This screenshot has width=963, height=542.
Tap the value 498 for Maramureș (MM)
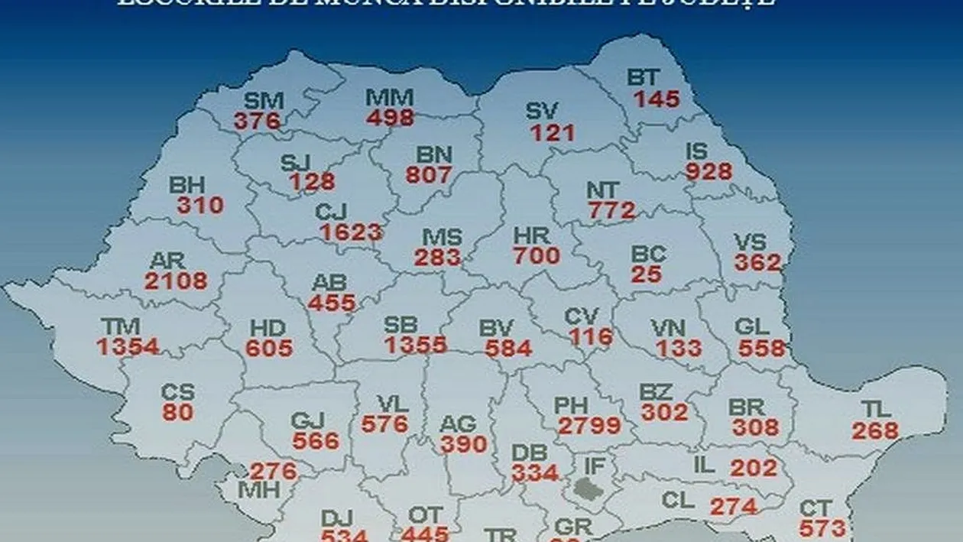point(390,117)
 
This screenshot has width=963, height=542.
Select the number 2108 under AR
point(176,281)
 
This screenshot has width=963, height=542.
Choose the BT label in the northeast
point(646,78)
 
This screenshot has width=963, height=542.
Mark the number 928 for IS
point(708,171)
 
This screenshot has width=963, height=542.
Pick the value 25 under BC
point(647,273)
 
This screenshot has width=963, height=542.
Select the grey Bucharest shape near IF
point(590,487)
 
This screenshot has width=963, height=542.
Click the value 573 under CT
point(822,527)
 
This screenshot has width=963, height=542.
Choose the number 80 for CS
point(177,411)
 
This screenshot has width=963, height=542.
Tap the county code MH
point(258,490)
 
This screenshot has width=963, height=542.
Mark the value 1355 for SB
point(416,345)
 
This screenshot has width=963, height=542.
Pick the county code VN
point(668,329)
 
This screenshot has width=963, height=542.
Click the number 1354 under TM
point(128,346)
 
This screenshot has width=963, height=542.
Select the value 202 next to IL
point(754,467)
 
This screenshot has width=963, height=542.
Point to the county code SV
point(543,112)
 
